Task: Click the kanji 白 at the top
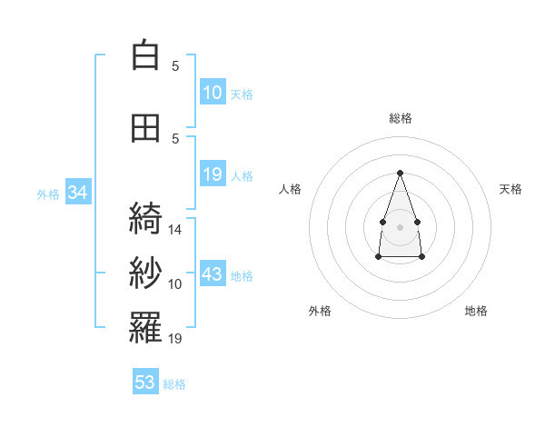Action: (145, 55)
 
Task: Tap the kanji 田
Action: (145, 128)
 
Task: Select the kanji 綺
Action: (145, 218)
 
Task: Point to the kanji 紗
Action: (145, 273)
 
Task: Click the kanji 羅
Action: (145, 327)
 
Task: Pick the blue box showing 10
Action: (213, 92)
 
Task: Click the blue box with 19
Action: (213, 174)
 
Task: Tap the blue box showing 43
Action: (213, 273)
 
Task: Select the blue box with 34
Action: (78, 192)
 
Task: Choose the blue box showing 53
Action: (145, 381)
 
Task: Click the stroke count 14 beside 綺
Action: (174, 230)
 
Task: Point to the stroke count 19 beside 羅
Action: (174, 338)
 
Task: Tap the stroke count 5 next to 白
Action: (175, 65)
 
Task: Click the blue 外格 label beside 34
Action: (48, 194)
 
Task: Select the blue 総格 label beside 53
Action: (174, 384)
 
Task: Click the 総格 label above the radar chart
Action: (401, 118)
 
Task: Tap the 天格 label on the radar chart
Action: (510, 189)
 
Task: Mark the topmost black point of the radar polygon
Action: (400, 173)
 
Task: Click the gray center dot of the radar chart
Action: (400, 227)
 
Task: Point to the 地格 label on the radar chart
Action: (476, 311)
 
